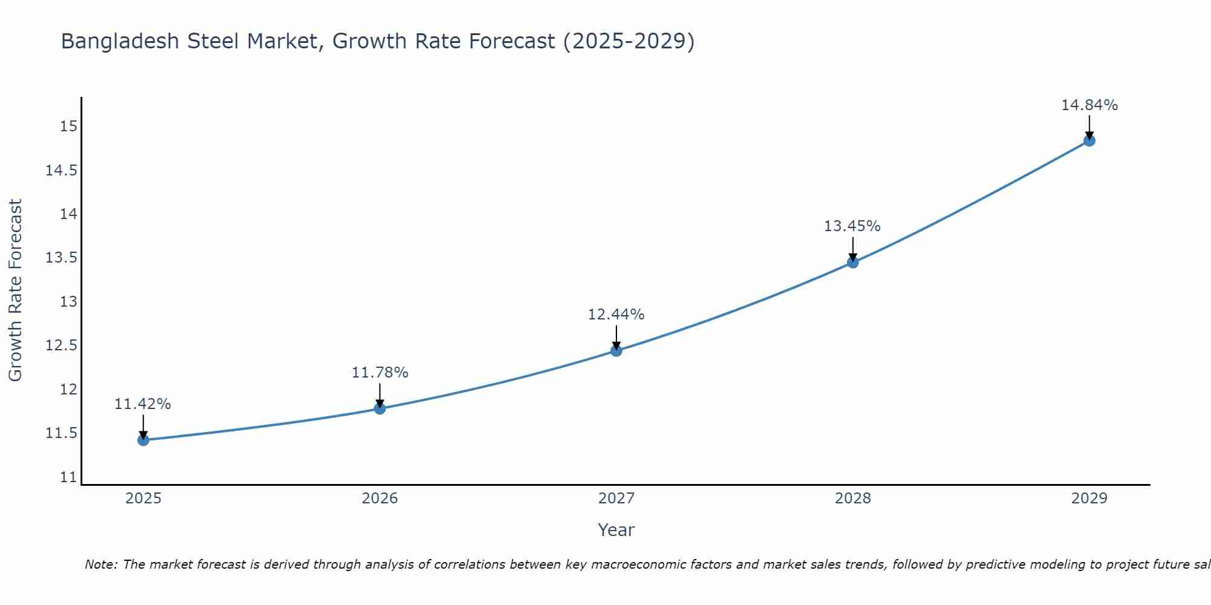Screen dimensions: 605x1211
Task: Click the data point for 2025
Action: (x=144, y=440)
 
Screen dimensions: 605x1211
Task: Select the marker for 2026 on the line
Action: (x=380, y=408)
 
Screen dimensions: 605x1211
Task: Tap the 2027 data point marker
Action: (x=616, y=350)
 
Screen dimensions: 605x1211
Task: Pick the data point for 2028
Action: (x=853, y=262)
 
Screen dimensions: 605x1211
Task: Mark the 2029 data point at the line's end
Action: (x=1089, y=140)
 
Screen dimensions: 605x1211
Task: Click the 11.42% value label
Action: (x=143, y=404)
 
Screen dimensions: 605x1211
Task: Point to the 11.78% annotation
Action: (x=380, y=373)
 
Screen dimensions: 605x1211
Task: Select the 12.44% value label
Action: (x=616, y=315)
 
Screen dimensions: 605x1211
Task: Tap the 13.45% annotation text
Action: (x=853, y=226)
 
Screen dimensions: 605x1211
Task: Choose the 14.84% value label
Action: (x=1089, y=105)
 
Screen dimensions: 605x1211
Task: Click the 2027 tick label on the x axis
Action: (x=616, y=499)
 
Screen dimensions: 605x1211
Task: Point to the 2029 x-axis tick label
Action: (x=1089, y=499)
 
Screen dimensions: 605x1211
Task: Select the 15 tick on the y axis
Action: (x=68, y=126)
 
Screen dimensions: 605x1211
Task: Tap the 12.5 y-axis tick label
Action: (x=62, y=345)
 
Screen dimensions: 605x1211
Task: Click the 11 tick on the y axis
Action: (x=68, y=477)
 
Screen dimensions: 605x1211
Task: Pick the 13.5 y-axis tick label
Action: (x=62, y=258)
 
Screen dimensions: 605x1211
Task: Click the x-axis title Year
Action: (x=616, y=530)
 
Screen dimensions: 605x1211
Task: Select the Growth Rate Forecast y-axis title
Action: (x=15, y=290)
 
